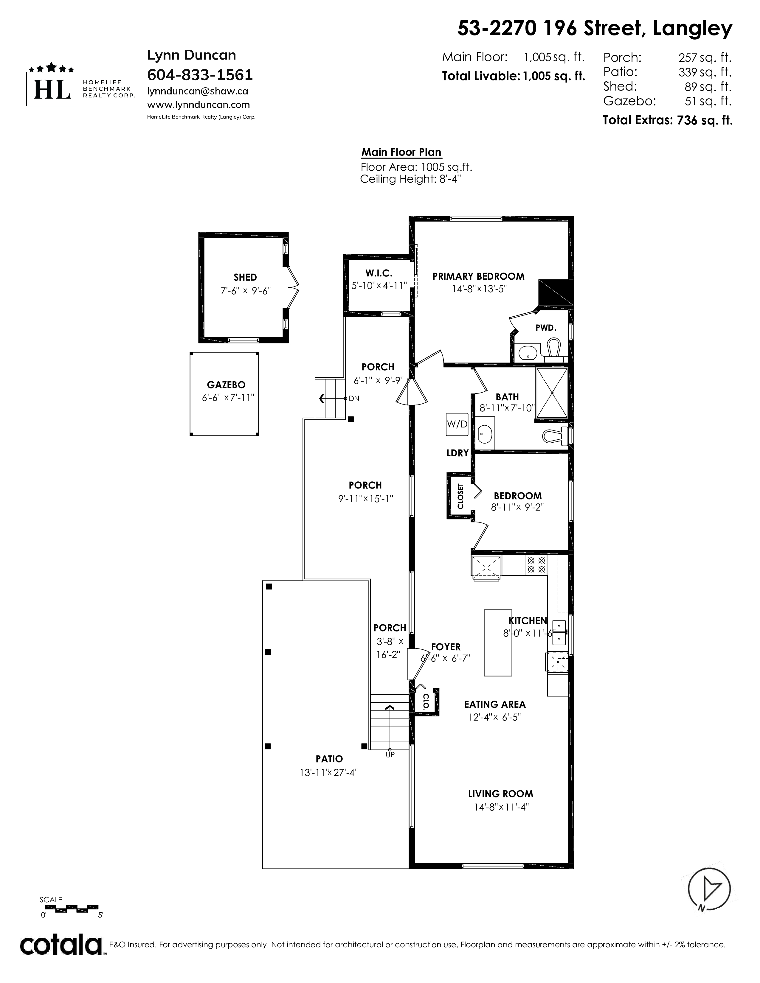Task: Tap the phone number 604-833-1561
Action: (x=200, y=75)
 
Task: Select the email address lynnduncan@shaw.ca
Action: (x=198, y=91)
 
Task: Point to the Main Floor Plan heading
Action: (x=401, y=152)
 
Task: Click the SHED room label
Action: (x=245, y=277)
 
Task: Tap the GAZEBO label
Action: (x=226, y=385)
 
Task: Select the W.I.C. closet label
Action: (x=379, y=273)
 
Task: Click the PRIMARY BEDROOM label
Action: (x=479, y=276)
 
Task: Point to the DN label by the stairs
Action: (x=353, y=398)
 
